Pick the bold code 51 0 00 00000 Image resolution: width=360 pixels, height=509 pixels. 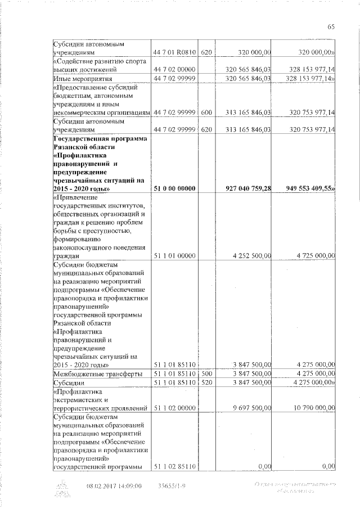[x=174, y=188]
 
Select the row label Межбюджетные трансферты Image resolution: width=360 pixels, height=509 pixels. [x=92, y=373]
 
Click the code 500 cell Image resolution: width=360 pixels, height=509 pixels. [x=206, y=373]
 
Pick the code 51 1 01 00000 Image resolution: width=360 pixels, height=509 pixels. [x=174, y=256]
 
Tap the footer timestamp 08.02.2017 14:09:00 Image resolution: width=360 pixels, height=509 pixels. [x=114, y=486]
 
